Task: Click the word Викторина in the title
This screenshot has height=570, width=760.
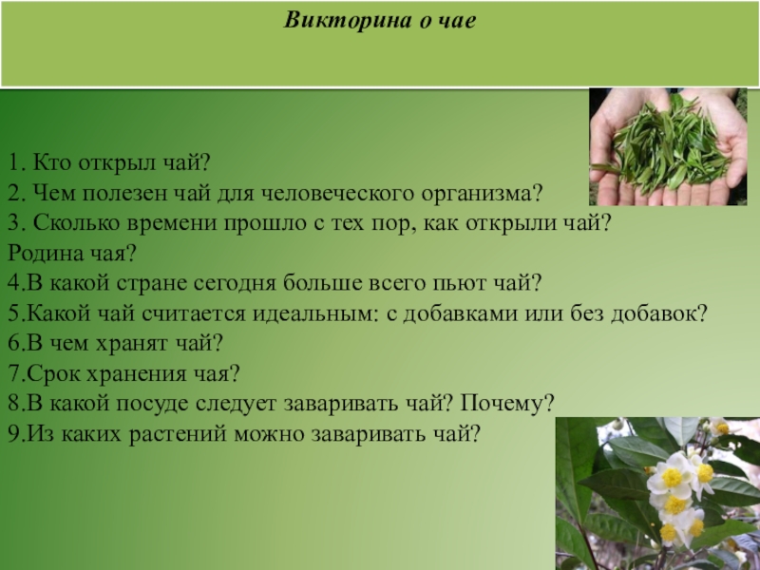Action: click(x=347, y=21)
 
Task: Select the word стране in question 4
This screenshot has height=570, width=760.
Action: click(x=151, y=284)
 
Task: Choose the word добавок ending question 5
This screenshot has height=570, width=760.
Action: click(x=654, y=313)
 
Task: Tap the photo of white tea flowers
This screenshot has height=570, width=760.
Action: click(x=657, y=493)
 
